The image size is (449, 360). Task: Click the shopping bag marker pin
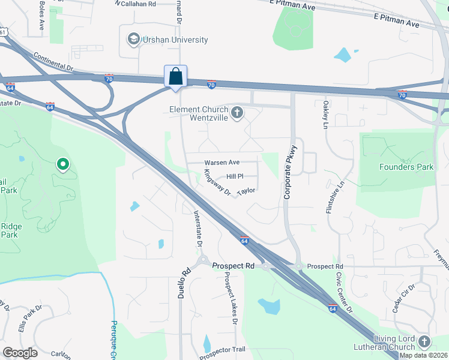pos(175,77)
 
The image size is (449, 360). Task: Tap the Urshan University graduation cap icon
pos(133,40)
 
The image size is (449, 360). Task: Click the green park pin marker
pos(62,164)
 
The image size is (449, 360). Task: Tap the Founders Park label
pos(406,167)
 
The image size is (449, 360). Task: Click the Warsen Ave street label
pos(221,163)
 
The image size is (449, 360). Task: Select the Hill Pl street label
pos(235,176)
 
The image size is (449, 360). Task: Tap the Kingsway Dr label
pos(217,182)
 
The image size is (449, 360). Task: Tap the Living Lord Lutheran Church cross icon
pos(424,342)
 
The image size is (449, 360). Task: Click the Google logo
pos(20,353)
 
